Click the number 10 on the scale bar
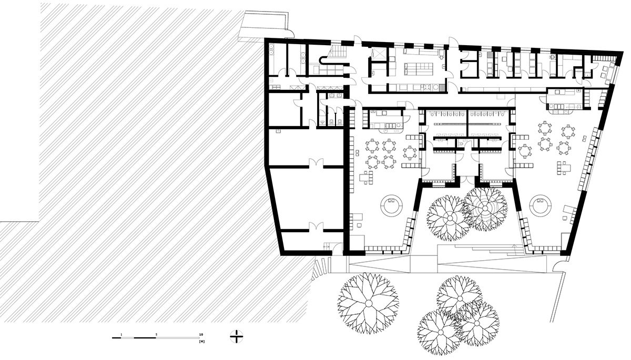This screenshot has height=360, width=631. point(201,334)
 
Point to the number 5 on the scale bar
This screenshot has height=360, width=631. point(156,334)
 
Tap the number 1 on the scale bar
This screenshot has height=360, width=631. point(121,334)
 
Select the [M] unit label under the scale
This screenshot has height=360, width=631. point(201,342)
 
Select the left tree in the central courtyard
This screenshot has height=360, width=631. point(447,217)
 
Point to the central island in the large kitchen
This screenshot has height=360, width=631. point(416,68)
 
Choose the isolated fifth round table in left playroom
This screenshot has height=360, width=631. point(410,152)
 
